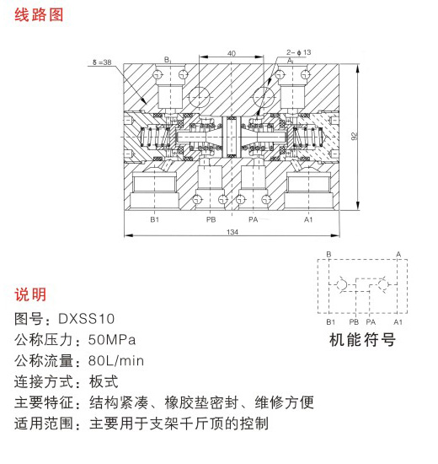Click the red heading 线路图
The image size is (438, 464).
(x=39, y=15)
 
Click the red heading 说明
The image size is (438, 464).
(x=30, y=294)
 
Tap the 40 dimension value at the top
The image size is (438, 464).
(x=232, y=53)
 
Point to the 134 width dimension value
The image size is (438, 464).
(x=232, y=232)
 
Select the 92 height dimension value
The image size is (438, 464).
(x=355, y=136)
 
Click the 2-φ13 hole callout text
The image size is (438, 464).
(x=298, y=52)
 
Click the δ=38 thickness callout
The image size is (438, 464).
(x=102, y=62)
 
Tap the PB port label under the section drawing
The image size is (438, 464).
(x=211, y=219)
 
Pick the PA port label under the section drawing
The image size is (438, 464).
(x=254, y=219)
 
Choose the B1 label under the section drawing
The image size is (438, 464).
(x=155, y=219)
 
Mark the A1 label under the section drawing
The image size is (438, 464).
(x=308, y=219)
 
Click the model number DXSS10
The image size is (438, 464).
(x=86, y=319)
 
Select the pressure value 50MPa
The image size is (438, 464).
(x=112, y=340)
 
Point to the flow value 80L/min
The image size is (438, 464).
(x=116, y=361)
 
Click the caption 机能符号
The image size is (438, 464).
(x=362, y=339)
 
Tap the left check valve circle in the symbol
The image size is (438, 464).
(x=342, y=284)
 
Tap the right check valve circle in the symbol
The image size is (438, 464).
(x=383, y=284)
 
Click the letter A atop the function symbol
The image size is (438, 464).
(x=398, y=254)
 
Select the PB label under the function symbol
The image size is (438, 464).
(x=354, y=322)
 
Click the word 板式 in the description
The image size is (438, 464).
(x=104, y=381)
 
